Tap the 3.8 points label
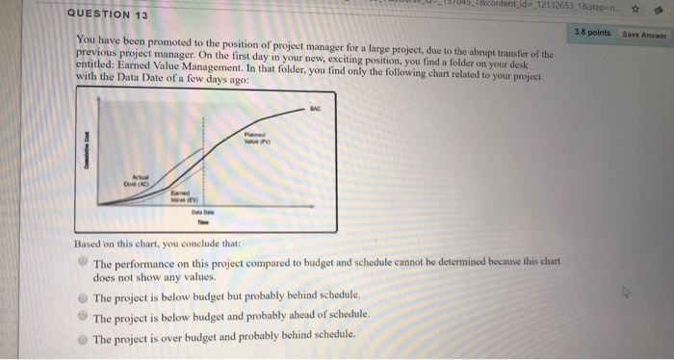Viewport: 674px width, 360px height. [x=592, y=32]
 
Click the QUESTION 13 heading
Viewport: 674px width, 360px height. [x=108, y=15]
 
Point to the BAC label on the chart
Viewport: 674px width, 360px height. [x=314, y=111]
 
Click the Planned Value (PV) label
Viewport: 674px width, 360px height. [x=256, y=139]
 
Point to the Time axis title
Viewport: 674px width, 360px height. [x=202, y=220]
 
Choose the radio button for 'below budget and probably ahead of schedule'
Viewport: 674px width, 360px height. [x=84, y=316]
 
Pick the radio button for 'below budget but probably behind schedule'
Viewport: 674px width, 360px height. [x=84, y=296]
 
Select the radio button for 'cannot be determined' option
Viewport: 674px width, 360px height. [x=84, y=261]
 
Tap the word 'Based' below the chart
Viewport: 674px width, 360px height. [x=89, y=244]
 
